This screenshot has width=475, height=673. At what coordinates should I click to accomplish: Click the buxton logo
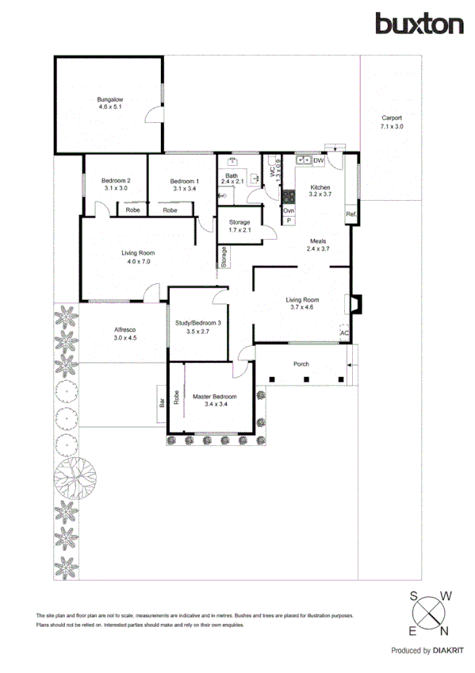point(419,24)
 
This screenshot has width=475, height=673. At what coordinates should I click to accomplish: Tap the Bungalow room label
point(109,102)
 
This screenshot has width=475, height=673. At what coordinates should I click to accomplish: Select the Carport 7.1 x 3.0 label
point(391,122)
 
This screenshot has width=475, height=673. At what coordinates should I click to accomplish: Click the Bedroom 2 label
point(117,184)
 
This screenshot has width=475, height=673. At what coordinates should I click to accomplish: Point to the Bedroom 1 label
point(184,184)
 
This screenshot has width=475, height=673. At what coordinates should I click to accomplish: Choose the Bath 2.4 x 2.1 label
point(232,179)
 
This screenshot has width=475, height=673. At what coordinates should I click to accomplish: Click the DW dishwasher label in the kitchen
point(319,161)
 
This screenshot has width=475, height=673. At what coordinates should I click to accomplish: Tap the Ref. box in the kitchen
point(350,214)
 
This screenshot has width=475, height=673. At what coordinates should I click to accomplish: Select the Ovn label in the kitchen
point(289,211)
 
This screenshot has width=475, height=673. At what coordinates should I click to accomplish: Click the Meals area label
point(317,244)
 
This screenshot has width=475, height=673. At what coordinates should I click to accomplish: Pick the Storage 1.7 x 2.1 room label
point(239,226)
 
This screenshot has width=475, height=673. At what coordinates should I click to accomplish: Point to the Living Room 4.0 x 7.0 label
point(136,256)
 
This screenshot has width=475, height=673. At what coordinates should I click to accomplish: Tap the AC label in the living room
point(344,333)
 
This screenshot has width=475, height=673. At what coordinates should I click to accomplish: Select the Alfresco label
point(125,333)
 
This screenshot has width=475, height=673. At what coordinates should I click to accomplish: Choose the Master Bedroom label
point(216,400)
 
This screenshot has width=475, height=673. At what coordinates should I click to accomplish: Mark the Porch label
point(301,364)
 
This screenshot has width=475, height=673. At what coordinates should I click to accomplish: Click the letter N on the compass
point(444,631)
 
